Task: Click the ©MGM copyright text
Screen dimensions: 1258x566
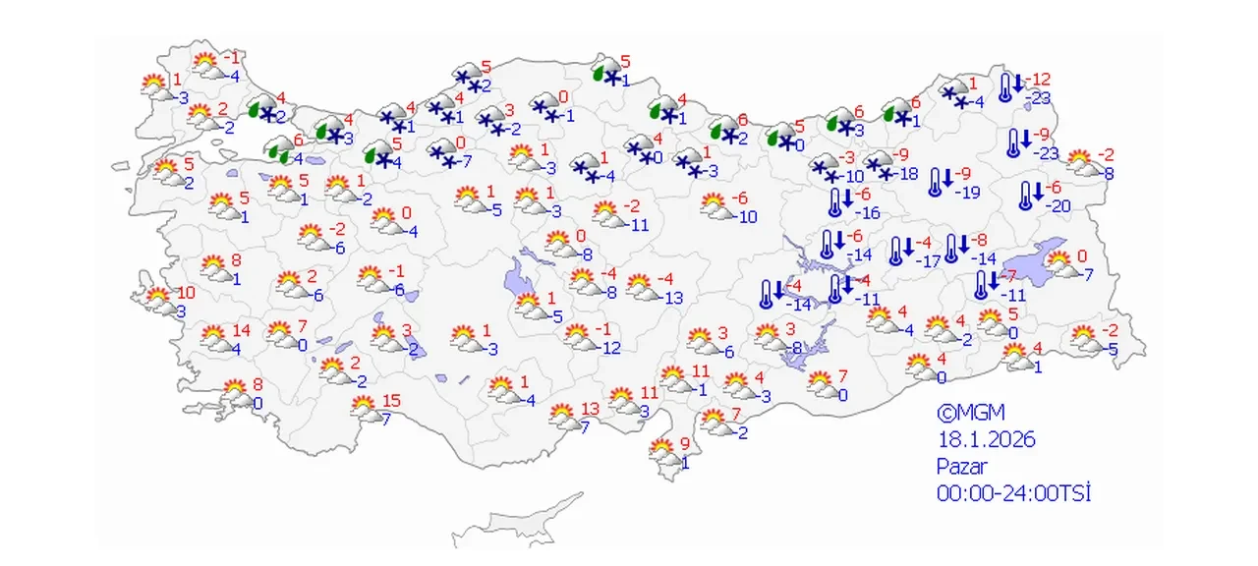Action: click(x=970, y=413)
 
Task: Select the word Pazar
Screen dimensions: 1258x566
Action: click(x=961, y=467)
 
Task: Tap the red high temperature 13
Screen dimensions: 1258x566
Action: click(x=591, y=409)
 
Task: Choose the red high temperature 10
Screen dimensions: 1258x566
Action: click(x=187, y=292)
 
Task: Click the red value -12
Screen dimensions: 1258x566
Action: click(x=1040, y=79)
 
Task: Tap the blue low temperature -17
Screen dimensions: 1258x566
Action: click(x=928, y=261)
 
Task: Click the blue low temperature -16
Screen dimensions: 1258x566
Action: click(x=865, y=213)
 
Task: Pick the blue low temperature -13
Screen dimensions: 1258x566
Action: click(x=672, y=298)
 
